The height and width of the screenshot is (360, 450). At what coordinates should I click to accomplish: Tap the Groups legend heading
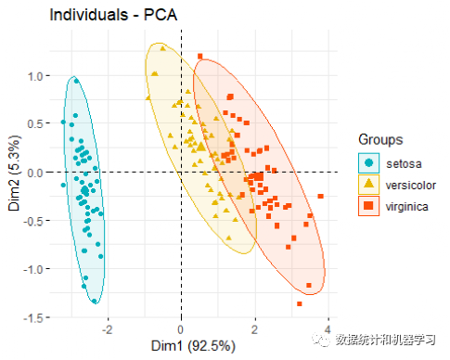[x=380, y=139]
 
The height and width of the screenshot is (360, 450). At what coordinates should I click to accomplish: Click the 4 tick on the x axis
[x=328, y=329]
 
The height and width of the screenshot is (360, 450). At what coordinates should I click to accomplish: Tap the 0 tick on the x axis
[x=181, y=329]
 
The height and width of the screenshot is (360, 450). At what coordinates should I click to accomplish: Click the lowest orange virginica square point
[x=300, y=303]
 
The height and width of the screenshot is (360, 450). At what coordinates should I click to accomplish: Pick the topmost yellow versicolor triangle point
[x=161, y=47]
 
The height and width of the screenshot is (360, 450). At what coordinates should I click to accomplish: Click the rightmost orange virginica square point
[x=321, y=196]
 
